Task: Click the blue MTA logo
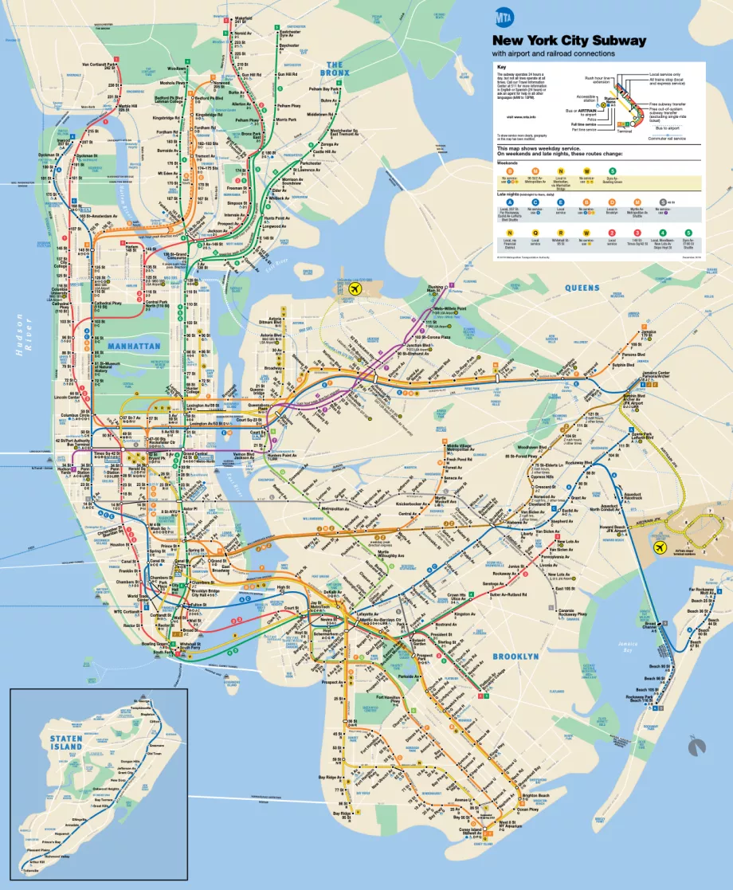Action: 504,18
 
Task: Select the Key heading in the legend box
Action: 501,66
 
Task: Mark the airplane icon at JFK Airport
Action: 659,547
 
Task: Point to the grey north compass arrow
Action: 697,747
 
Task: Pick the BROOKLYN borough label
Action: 515,656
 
